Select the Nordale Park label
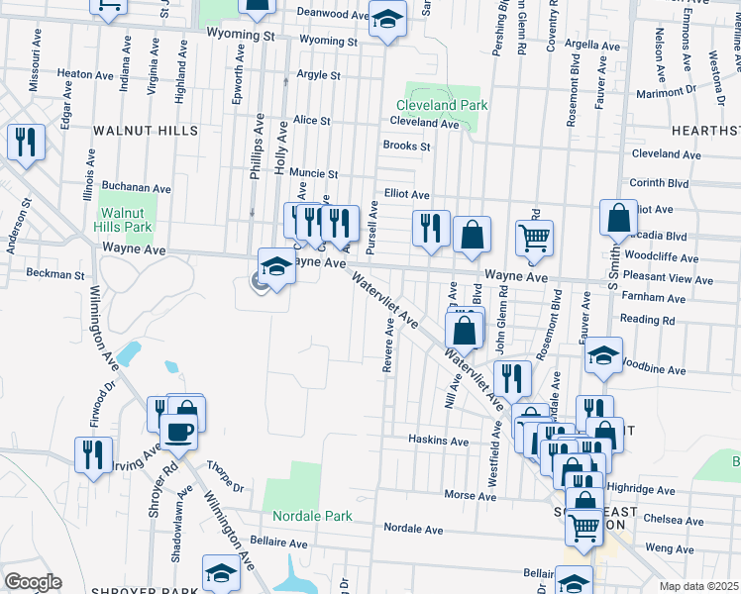click(x=313, y=516)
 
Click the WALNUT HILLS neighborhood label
click(x=146, y=131)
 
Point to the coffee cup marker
click(x=178, y=431)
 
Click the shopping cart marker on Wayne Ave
click(x=534, y=240)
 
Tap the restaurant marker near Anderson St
click(x=25, y=142)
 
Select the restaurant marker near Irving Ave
click(x=93, y=454)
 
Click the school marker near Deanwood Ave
click(x=387, y=17)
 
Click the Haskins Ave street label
click(x=438, y=440)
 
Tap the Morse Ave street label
click(x=463, y=494)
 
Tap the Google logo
click(x=33, y=582)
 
